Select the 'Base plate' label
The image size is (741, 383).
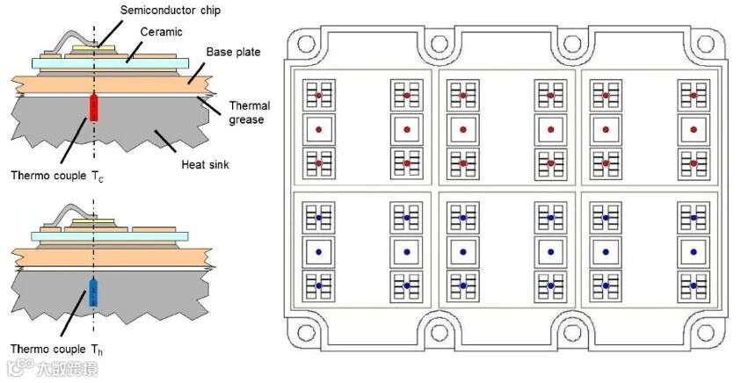point(233,53)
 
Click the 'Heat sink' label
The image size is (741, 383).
point(205,163)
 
